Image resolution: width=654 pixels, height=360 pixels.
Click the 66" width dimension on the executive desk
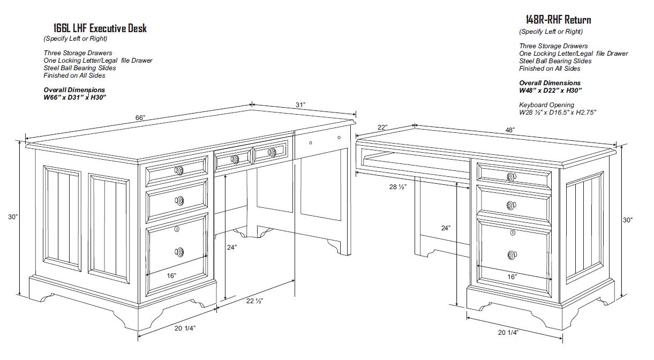(140, 118)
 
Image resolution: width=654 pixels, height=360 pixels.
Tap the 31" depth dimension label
(300, 105)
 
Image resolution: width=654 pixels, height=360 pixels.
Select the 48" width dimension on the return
(510, 130)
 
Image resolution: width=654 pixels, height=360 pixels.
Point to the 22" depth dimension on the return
(382, 127)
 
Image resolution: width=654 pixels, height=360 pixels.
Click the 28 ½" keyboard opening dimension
(397, 186)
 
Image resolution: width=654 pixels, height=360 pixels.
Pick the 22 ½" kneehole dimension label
(254, 301)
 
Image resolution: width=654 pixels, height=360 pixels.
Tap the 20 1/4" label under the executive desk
(185, 328)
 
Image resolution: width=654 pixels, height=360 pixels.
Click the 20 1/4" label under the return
(508, 332)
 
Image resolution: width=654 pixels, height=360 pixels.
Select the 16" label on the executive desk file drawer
(171, 275)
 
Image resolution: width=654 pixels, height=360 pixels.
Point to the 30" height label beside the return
(627, 220)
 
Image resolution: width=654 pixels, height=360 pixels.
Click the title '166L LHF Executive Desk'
(100, 28)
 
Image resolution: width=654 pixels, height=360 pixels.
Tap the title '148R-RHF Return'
(558, 20)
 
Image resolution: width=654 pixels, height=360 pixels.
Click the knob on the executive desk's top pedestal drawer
(179, 170)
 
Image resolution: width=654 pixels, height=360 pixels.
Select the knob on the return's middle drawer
(511, 206)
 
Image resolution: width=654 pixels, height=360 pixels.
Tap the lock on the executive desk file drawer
(177, 229)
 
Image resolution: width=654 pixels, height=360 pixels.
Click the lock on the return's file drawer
(513, 232)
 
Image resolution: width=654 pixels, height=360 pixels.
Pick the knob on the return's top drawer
(511, 177)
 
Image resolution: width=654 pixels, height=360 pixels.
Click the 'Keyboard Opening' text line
(546, 105)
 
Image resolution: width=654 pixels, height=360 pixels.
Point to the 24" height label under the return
(446, 228)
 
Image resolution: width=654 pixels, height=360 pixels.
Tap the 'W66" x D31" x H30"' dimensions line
(75, 97)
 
